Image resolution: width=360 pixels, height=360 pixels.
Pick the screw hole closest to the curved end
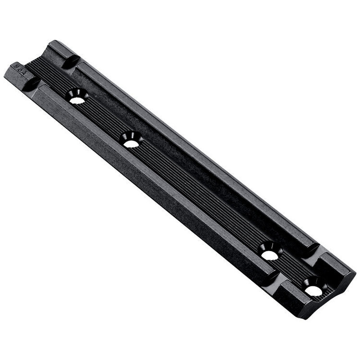[x=313, y=290]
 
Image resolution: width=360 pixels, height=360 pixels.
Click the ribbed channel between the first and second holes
[x=103, y=120]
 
